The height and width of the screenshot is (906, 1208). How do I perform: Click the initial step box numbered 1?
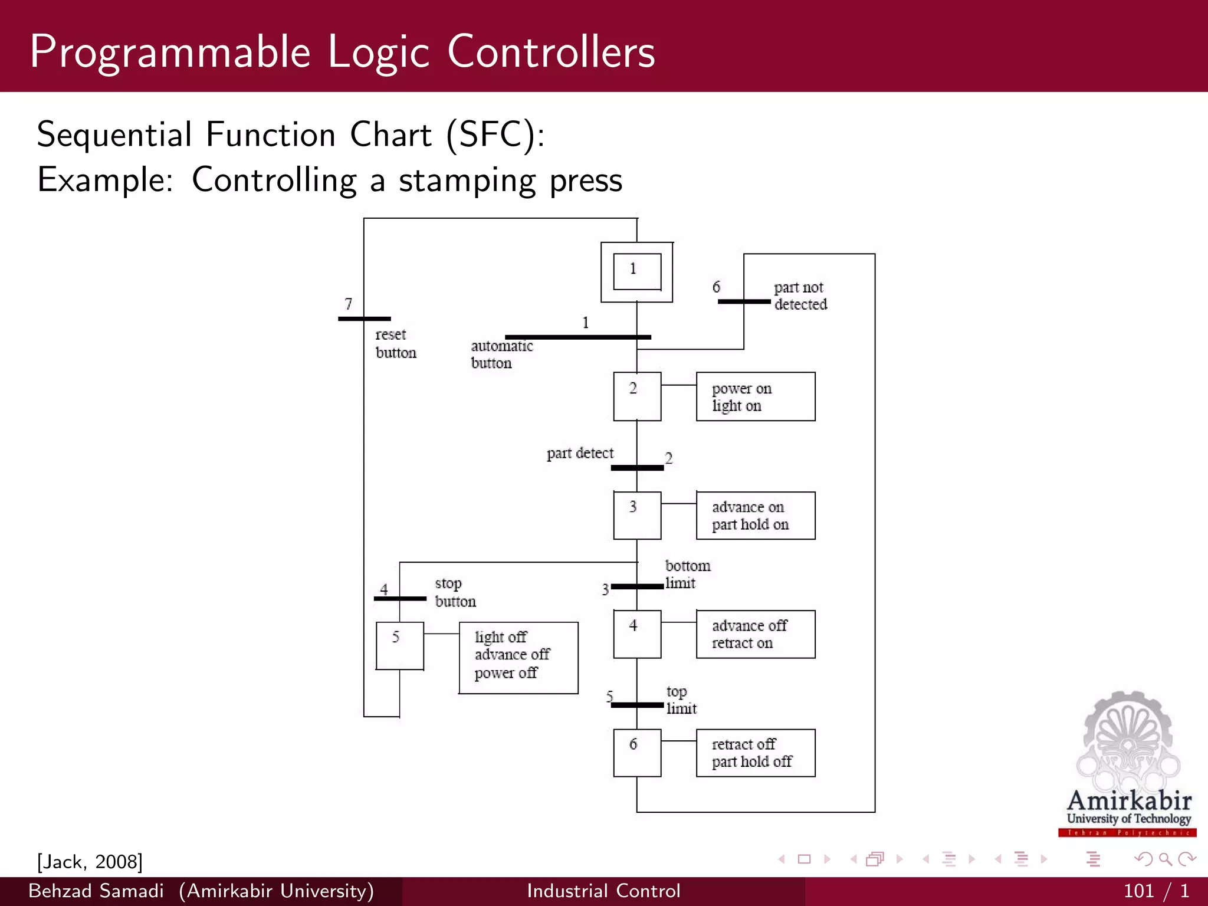click(636, 272)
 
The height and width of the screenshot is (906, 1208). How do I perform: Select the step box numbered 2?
click(637, 396)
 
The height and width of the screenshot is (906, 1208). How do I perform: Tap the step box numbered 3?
click(637, 516)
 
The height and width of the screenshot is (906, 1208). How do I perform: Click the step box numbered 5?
click(399, 646)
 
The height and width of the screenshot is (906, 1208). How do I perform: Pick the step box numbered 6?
click(637, 753)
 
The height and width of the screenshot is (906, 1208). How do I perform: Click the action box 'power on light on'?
click(756, 396)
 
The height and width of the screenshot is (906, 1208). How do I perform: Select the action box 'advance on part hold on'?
click(756, 516)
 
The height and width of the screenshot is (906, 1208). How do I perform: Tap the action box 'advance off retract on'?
click(756, 634)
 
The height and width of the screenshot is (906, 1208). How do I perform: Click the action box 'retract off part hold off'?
click(756, 753)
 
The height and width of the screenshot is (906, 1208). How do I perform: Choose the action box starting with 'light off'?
click(518, 658)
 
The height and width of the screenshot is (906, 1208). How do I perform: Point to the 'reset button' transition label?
click(395, 343)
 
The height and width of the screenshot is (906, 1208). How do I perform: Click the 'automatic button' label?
click(501, 354)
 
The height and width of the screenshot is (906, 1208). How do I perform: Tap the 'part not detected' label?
click(800, 296)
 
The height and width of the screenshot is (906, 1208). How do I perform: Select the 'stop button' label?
click(455, 592)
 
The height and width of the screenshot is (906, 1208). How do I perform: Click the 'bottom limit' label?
click(687, 574)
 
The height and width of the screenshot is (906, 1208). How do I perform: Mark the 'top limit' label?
click(681, 700)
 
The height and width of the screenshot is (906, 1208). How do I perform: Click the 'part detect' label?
click(580, 453)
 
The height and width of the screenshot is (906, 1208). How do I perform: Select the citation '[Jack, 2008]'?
click(90, 861)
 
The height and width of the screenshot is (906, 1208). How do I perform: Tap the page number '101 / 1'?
click(1156, 891)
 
